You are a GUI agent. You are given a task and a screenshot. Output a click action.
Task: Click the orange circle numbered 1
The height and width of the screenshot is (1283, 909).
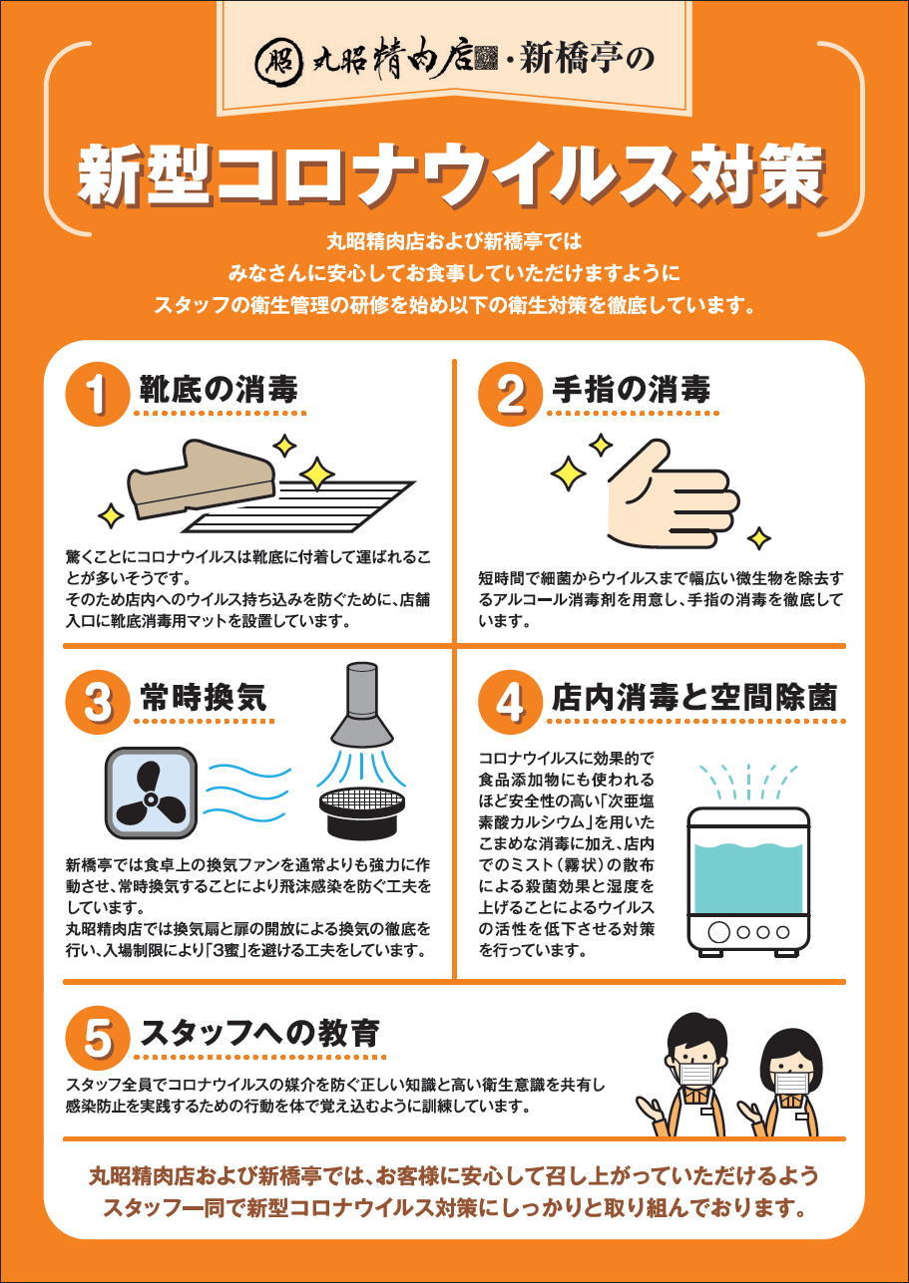tap(98, 394)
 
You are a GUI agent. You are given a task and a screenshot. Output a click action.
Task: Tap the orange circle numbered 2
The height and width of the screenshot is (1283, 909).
tap(510, 394)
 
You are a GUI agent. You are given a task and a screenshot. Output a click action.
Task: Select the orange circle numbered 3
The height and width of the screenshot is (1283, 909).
tap(98, 702)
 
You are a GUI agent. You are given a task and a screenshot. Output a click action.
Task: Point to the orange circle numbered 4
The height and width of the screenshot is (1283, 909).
tap(510, 702)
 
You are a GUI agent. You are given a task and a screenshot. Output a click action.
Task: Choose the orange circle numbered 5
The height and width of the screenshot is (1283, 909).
tap(98, 1038)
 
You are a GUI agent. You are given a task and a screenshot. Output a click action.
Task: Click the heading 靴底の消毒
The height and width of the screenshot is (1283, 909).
tap(219, 390)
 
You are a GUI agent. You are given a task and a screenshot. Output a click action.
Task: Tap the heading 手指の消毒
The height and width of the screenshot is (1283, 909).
tap(631, 390)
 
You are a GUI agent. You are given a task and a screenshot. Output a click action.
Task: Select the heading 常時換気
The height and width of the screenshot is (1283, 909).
tap(203, 698)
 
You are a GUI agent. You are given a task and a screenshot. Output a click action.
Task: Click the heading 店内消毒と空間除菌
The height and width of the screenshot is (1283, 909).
tap(694, 698)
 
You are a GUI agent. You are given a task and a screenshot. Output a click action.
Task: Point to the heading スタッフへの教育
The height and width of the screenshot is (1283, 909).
tap(259, 1033)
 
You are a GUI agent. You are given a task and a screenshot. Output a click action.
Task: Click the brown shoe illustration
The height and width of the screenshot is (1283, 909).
tap(202, 479)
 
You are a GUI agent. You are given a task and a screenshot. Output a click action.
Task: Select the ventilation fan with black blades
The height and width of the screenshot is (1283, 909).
tap(151, 794)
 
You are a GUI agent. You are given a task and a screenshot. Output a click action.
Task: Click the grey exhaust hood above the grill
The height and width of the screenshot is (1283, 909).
tap(361, 705)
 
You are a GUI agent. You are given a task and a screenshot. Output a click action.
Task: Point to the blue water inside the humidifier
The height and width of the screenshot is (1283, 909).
tap(748, 878)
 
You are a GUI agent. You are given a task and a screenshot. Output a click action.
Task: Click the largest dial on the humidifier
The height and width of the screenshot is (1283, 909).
tap(718, 932)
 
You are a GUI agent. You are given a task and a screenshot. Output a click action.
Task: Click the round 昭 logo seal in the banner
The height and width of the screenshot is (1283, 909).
tap(278, 61)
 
